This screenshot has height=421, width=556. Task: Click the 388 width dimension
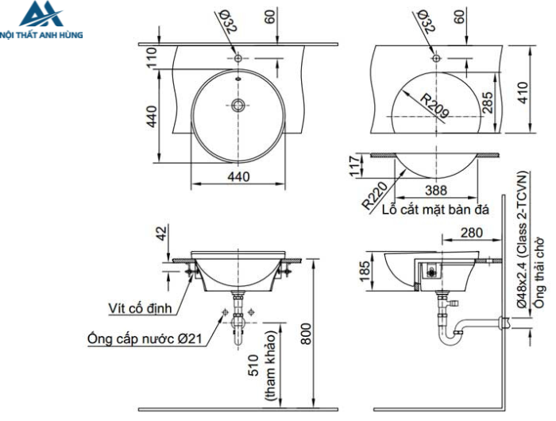coord(435,190)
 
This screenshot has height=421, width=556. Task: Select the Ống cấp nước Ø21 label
coord(145,338)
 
